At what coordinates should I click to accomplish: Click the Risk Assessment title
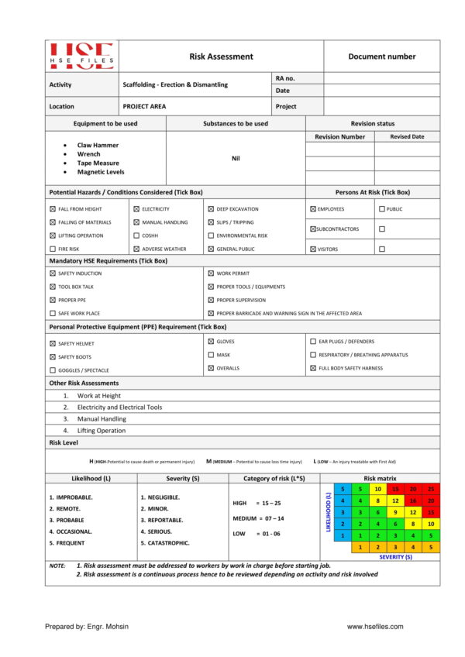click(x=221, y=57)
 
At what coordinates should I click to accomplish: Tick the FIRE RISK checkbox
click(x=53, y=249)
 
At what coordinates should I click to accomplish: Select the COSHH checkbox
click(x=136, y=236)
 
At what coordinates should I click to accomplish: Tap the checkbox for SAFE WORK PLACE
click(x=53, y=313)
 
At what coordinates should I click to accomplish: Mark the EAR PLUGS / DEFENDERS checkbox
click(x=313, y=342)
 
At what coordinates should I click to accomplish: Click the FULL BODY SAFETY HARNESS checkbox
click(x=313, y=368)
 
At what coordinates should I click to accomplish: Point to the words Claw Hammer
click(x=98, y=145)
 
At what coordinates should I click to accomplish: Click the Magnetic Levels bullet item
click(x=101, y=172)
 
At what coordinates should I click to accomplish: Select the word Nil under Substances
click(x=236, y=158)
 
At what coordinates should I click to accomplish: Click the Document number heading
click(x=381, y=57)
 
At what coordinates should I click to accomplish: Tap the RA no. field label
click(x=284, y=78)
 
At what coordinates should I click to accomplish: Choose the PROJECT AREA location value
click(x=144, y=106)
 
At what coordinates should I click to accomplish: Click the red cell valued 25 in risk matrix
click(x=431, y=490)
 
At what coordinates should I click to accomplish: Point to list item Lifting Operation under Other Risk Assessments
click(x=101, y=431)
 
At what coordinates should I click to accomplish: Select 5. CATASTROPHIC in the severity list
click(x=165, y=544)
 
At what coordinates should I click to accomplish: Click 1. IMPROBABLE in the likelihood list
click(x=71, y=497)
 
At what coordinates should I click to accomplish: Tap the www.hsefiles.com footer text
click(x=375, y=627)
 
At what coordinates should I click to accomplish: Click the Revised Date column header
click(x=407, y=136)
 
